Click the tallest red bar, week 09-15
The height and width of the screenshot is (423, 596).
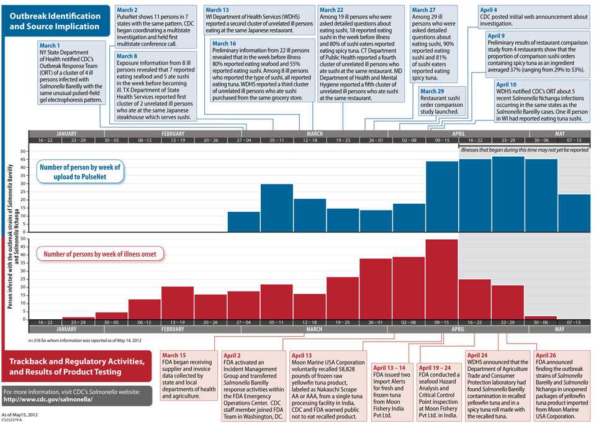pos(441,279)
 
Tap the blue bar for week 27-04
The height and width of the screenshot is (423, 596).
pos(244,221)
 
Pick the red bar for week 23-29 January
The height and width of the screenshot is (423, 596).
pos(78,318)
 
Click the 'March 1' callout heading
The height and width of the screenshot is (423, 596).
pos(50,46)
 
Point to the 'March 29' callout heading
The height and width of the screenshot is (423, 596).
pos(433,91)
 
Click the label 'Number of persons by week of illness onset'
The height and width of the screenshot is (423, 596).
pos(101,253)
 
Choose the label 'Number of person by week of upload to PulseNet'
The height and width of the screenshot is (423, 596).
pos(80,172)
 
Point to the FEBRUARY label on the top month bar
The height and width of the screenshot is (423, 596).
pos(173,134)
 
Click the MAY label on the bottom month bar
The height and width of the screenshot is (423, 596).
pos(559,329)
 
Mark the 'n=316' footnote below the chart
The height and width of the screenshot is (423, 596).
pos(84,340)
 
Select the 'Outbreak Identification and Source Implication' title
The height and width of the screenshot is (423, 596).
pos(55,21)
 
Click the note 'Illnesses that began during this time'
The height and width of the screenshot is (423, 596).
pos(524,150)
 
